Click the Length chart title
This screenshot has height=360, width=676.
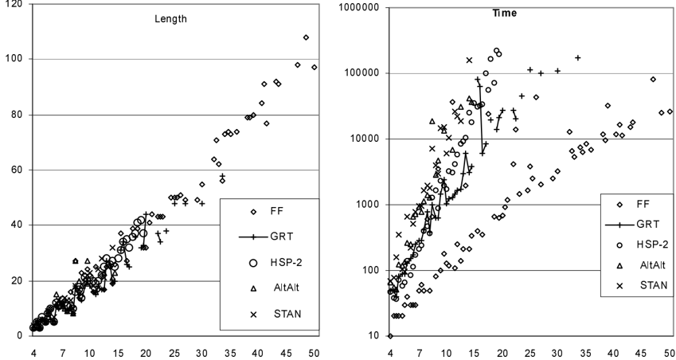coord(170,19)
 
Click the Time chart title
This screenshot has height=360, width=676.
coord(505,14)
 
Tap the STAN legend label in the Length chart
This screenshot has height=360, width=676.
coord(287,314)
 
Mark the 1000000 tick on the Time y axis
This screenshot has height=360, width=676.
coord(361,8)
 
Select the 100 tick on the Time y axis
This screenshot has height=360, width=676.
coord(372,270)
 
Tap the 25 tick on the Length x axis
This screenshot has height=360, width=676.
coord(174,353)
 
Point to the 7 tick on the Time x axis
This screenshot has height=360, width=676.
coord(420,353)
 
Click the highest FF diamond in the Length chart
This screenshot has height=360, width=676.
coord(306,37)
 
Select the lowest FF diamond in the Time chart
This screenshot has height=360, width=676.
coord(390,336)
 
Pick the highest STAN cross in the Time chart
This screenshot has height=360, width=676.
coord(470,60)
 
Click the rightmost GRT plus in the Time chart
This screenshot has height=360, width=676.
coord(578,58)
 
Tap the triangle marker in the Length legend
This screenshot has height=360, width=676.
coord(253,288)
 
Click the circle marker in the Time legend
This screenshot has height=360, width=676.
coord(620,245)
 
